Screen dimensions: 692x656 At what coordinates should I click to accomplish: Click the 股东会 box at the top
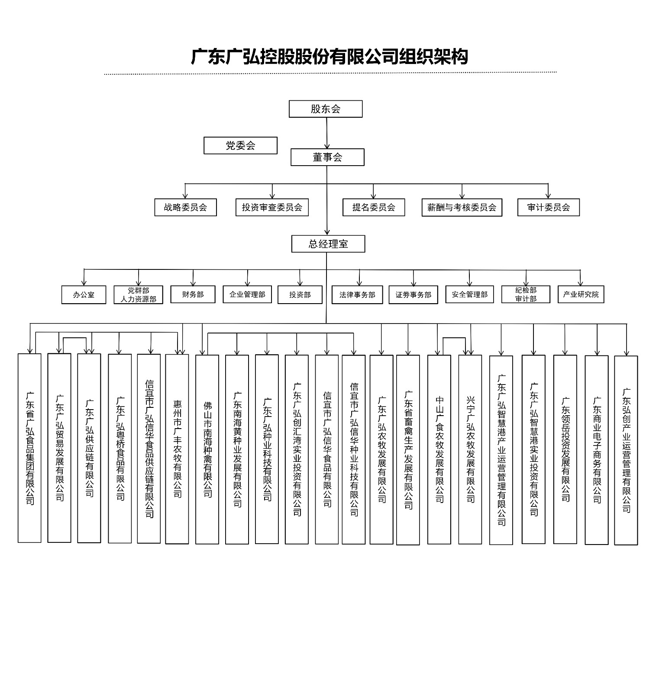coord(326,109)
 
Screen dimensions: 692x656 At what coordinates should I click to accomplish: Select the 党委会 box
coord(240,146)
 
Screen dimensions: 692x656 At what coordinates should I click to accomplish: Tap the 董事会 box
coord(327,157)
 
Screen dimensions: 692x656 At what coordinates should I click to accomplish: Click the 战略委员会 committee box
coord(185,208)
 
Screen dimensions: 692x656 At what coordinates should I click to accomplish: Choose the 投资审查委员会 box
coord(272,208)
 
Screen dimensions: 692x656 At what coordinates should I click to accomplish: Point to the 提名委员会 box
coord(374,208)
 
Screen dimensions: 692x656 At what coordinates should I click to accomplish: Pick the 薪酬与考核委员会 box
coord(462,208)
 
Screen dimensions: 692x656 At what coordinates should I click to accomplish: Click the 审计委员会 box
coord(548,208)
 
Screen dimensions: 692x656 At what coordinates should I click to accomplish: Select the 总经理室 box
coord(328,244)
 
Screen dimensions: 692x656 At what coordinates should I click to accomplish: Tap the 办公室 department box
coord(84,295)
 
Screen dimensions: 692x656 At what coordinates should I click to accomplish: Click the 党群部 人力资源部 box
coord(139,295)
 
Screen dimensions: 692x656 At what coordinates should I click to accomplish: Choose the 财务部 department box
coord(193,295)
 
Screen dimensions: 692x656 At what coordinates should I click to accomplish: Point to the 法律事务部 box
coord(357,295)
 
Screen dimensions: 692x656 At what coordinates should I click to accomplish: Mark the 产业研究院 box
coord(581,295)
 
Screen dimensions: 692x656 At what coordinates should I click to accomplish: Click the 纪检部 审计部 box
coord(526,295)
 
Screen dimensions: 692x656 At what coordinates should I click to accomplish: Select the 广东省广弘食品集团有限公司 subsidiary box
coord(29,448)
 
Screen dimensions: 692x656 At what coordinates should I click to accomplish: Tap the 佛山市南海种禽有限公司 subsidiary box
coord(207,449)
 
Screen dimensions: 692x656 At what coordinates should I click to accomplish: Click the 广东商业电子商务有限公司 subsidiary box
coord(596,450)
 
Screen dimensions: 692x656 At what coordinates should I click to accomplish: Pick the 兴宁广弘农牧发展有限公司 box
coord(470,449)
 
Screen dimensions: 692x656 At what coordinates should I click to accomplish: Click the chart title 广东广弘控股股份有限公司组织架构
coord(330,57)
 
